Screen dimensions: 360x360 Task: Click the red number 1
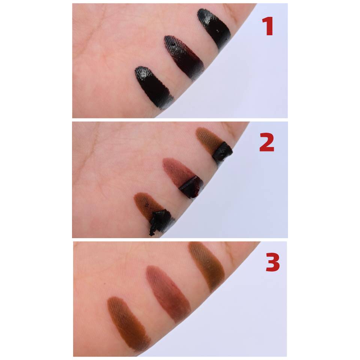point(268,26)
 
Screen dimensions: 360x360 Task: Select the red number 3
point(273,262)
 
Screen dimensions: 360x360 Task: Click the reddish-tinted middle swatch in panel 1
point(184,57)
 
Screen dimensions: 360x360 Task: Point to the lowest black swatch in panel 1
point(154,87)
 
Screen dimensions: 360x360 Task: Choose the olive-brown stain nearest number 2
point(208,139)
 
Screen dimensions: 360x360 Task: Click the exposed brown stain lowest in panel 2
point(147,204)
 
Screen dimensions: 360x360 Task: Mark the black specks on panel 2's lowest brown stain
point(145,202)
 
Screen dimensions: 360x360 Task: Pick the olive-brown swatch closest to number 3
point(207,266)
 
